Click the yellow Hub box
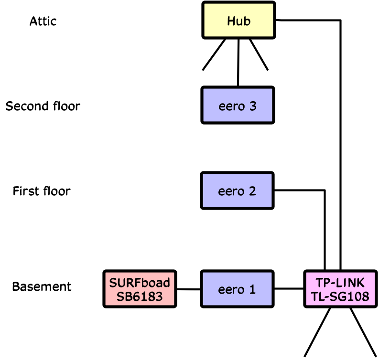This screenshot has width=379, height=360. [238, 21]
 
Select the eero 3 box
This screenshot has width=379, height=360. [238, 106]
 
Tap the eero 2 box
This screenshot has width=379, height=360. [238, 191]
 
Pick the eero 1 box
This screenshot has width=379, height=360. [238, 289]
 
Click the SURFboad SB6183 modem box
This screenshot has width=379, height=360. [140, 289]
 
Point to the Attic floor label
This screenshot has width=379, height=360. [43, 21]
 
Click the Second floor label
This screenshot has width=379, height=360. [43, 106]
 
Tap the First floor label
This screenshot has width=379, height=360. [42, 191]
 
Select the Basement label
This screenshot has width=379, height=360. [42, 287]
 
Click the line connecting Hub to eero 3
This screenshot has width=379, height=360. [238, 62]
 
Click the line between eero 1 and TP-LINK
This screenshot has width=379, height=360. [290, 289]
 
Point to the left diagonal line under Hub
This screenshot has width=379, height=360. [214, 54]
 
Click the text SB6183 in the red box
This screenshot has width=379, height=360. [140, 296]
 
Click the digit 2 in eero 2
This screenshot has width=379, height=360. [251, 191]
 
